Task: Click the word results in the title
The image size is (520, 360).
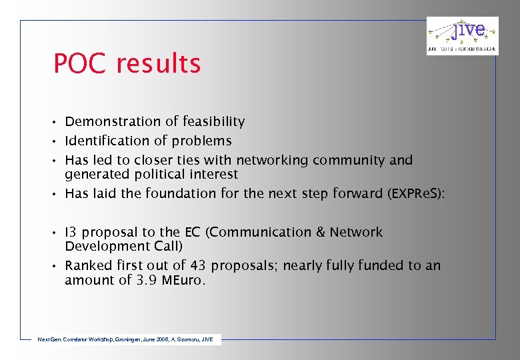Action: (158, 64)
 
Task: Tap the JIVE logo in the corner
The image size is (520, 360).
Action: (462, 35)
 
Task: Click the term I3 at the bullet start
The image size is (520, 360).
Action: (70, 232)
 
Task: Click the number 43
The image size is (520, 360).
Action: (199, 265)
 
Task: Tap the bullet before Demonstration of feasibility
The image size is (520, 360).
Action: (57, 122)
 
